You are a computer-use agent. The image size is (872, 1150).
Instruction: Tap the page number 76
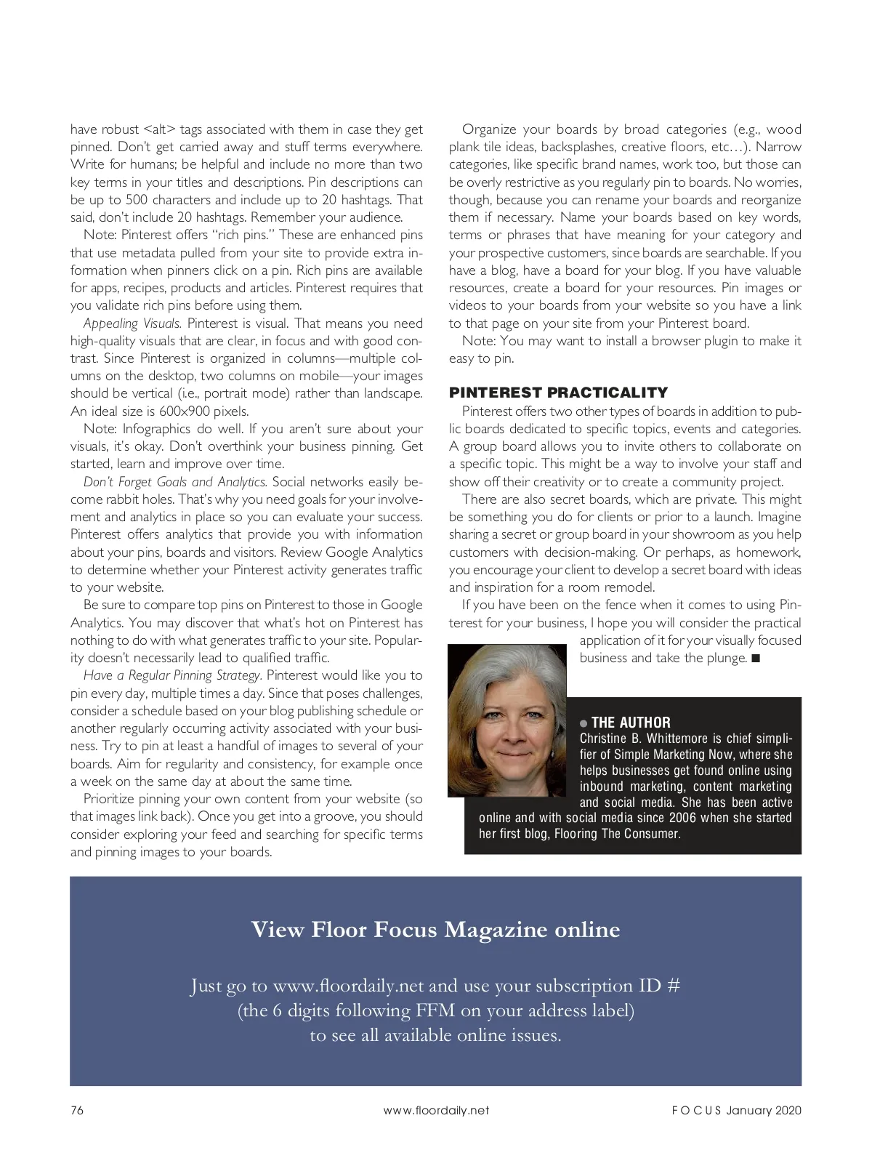77,1110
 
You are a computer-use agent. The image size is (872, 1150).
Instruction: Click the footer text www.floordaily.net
436,1110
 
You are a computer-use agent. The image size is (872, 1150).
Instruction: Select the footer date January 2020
763,1110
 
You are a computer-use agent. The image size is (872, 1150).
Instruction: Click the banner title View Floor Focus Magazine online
435,930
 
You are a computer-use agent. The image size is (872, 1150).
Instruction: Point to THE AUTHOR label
631,723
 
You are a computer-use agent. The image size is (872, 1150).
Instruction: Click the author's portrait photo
506,720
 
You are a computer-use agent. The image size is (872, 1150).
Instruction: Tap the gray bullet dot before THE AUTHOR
584,723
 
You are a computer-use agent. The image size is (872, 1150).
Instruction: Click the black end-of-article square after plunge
756,659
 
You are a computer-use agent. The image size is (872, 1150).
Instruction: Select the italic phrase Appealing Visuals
132,323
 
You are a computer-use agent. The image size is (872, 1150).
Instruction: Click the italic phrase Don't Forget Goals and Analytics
175,482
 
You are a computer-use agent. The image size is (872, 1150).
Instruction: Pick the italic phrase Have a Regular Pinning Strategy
172,675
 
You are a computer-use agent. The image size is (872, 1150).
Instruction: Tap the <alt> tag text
160,129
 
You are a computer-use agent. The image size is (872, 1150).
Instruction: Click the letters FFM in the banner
435,1010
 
